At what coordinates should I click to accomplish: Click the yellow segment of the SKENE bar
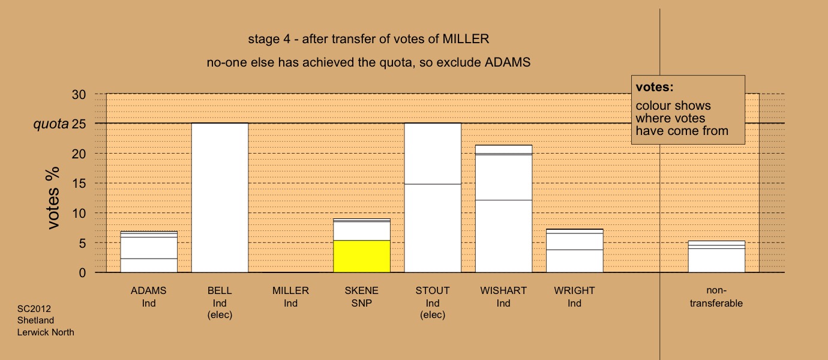click(362, 257)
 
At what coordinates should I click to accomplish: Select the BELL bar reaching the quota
click(220, 198)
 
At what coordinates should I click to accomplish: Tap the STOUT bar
click(433, 198)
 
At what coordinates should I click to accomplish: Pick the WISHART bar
click(503, 209)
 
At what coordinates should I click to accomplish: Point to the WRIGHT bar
click(574, 251)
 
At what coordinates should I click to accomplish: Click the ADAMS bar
click(149, 252)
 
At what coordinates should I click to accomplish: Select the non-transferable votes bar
click(716, 257)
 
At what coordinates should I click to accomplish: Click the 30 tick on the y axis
click(79, 95)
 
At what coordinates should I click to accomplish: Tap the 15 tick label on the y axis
click(79, 184)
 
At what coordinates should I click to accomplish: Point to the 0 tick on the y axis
click(82, 273)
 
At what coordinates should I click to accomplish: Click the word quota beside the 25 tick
click(51, 124)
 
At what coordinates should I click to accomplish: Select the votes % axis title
click(53, 198)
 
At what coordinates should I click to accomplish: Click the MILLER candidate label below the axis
click(290, 290)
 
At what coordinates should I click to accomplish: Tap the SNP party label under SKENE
click(362, 303)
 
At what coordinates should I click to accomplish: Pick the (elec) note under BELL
click(220, 315)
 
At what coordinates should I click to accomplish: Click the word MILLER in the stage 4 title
click(466, 39)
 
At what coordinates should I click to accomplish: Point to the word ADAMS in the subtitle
click(508, 62)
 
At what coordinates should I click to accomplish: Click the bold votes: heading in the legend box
click(655, 87)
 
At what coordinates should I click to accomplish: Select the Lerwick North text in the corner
click(46, 332)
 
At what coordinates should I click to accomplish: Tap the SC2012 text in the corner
click(34, 308)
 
